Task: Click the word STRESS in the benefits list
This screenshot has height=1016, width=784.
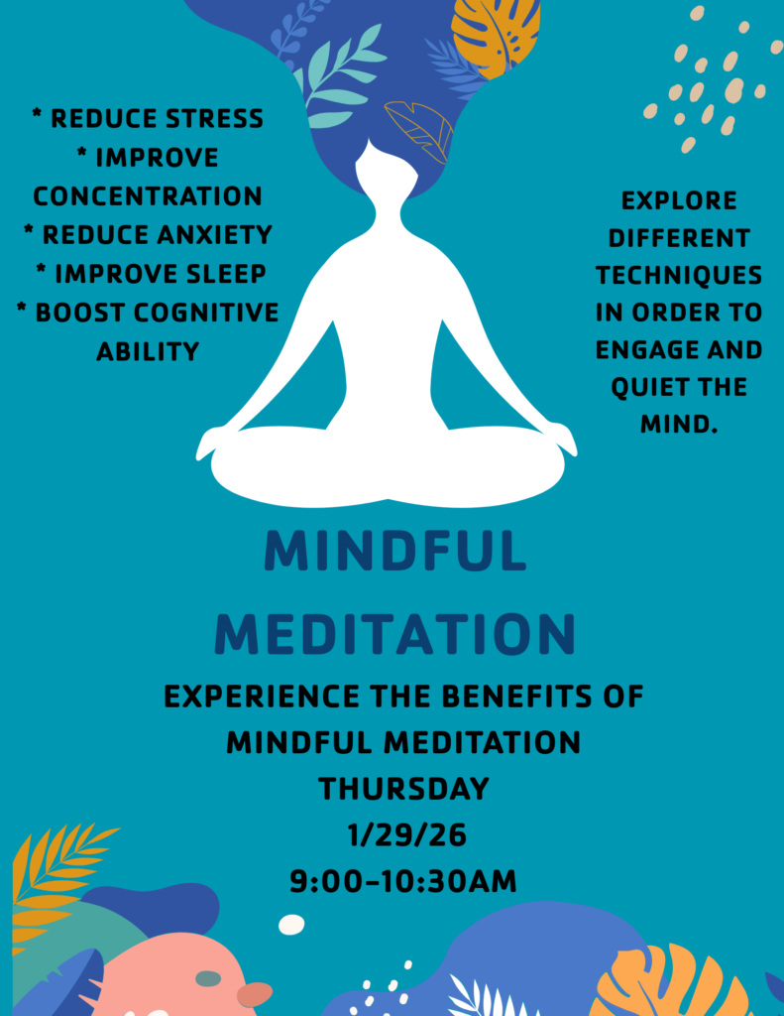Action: (x=214, y=119)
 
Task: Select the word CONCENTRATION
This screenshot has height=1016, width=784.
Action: (x=148, y=196)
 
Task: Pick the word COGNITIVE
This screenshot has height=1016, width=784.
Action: (x=206, y=313)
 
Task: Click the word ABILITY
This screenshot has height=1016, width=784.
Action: (x=148, y=351)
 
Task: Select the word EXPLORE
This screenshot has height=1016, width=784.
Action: (x=679, y=200)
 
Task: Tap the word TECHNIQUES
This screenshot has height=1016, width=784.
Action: (x=679, y=276)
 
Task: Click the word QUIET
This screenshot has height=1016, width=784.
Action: (x=649, y=388)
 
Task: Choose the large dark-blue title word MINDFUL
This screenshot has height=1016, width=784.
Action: (x=394, y=551)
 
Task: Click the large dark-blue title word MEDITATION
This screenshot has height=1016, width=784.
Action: (x=394, y=633)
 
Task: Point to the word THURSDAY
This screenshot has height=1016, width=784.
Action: (x=404, y=789)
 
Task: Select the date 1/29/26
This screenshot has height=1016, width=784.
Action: (x=406, y=835)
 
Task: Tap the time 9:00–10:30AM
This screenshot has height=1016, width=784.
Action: (x=403, y=881)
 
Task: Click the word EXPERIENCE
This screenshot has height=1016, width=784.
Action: (x=262, y=697)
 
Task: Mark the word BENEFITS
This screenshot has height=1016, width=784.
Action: (x=517, y=697)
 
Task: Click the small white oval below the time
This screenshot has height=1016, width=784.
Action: (x=291, y=925)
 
